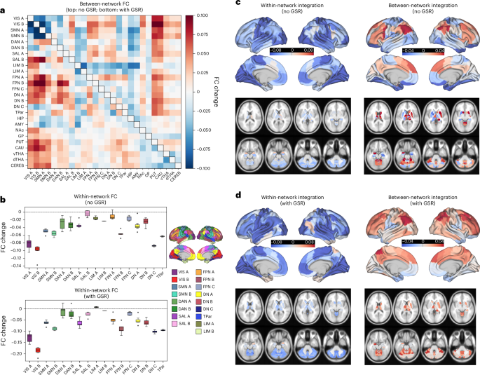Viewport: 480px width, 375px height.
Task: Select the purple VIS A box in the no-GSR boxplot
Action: pos(29,244)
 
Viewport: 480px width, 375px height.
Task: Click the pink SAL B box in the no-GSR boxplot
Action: pos(88,212)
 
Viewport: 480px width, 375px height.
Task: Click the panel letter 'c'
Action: pos(240,4)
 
